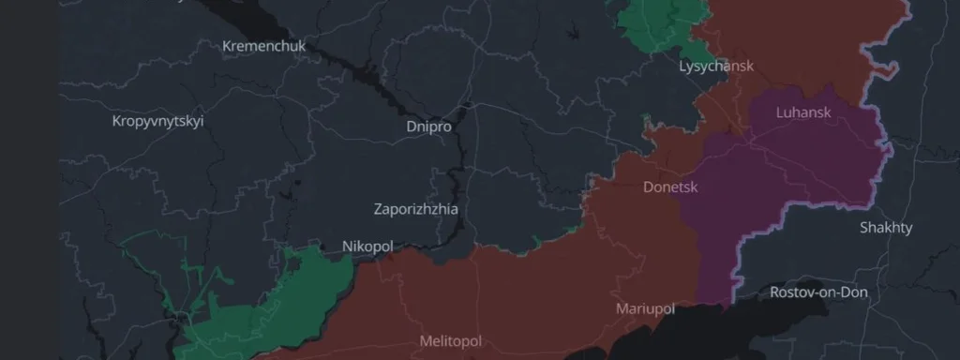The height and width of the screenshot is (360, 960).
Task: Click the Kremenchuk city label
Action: pos(263,46)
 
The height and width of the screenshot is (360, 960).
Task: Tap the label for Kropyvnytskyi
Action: pos(157,121)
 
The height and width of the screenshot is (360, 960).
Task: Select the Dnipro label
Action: pos(428,126)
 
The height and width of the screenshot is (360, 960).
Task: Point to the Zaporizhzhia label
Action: pos(415,209)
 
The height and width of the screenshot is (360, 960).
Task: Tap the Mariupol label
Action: pos(645,308)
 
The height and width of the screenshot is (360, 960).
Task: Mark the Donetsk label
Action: pos(670,187)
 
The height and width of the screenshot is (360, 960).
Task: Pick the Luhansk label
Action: pos(803,112)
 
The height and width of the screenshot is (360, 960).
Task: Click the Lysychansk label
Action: pos(715,67)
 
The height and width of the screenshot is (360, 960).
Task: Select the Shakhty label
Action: pos(886,228)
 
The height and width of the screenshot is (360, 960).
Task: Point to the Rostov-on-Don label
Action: pos(818,292)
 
